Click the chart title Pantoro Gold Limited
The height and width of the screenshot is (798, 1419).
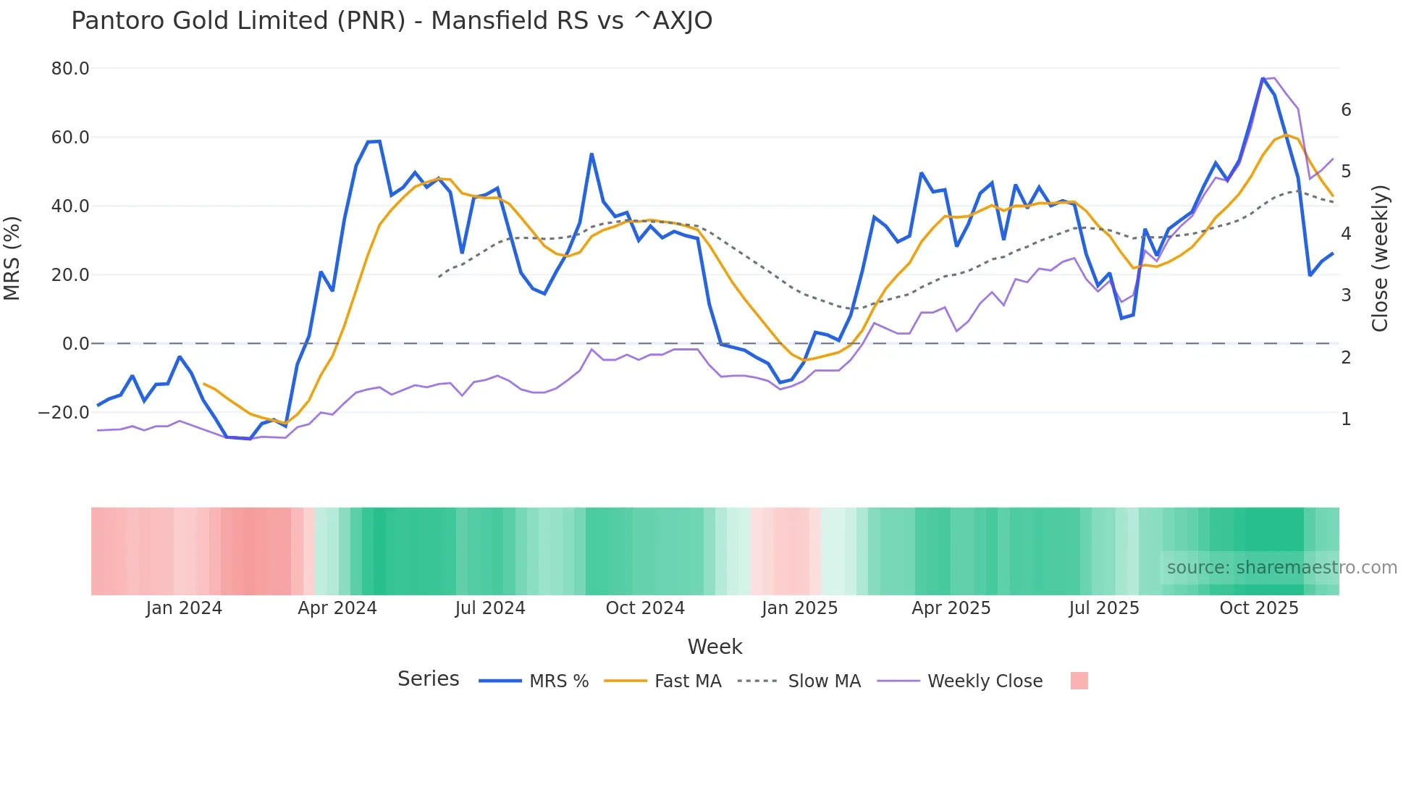391,21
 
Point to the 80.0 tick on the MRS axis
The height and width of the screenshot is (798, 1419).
70,69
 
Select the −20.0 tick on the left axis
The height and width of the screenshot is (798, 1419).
64,413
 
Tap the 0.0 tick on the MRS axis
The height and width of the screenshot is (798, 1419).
76,344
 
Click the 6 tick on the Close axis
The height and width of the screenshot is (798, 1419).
1346,110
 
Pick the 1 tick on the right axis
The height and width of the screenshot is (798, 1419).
1346,419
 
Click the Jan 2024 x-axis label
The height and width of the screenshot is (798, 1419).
184,608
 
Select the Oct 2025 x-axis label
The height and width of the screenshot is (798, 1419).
1259,608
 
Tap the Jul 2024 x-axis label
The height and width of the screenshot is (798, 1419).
490,608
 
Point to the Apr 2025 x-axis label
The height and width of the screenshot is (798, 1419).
951,608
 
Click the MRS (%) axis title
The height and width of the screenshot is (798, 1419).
12,258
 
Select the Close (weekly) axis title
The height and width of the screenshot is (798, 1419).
1380,258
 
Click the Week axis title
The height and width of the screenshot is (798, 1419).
715,647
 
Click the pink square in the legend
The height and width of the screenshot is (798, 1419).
1079,681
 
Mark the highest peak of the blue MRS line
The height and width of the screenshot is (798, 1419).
1263,78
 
